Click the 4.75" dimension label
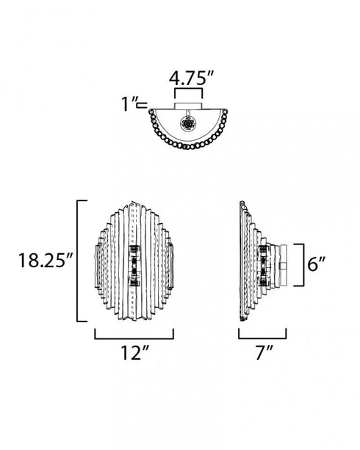(191, 79)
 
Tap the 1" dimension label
(128, 104)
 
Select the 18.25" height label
(46, 261)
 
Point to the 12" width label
(135, 352)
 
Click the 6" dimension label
(317, 264)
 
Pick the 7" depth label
(264, 352)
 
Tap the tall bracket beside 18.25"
(78, 261)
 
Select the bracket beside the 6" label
(303, 265)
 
